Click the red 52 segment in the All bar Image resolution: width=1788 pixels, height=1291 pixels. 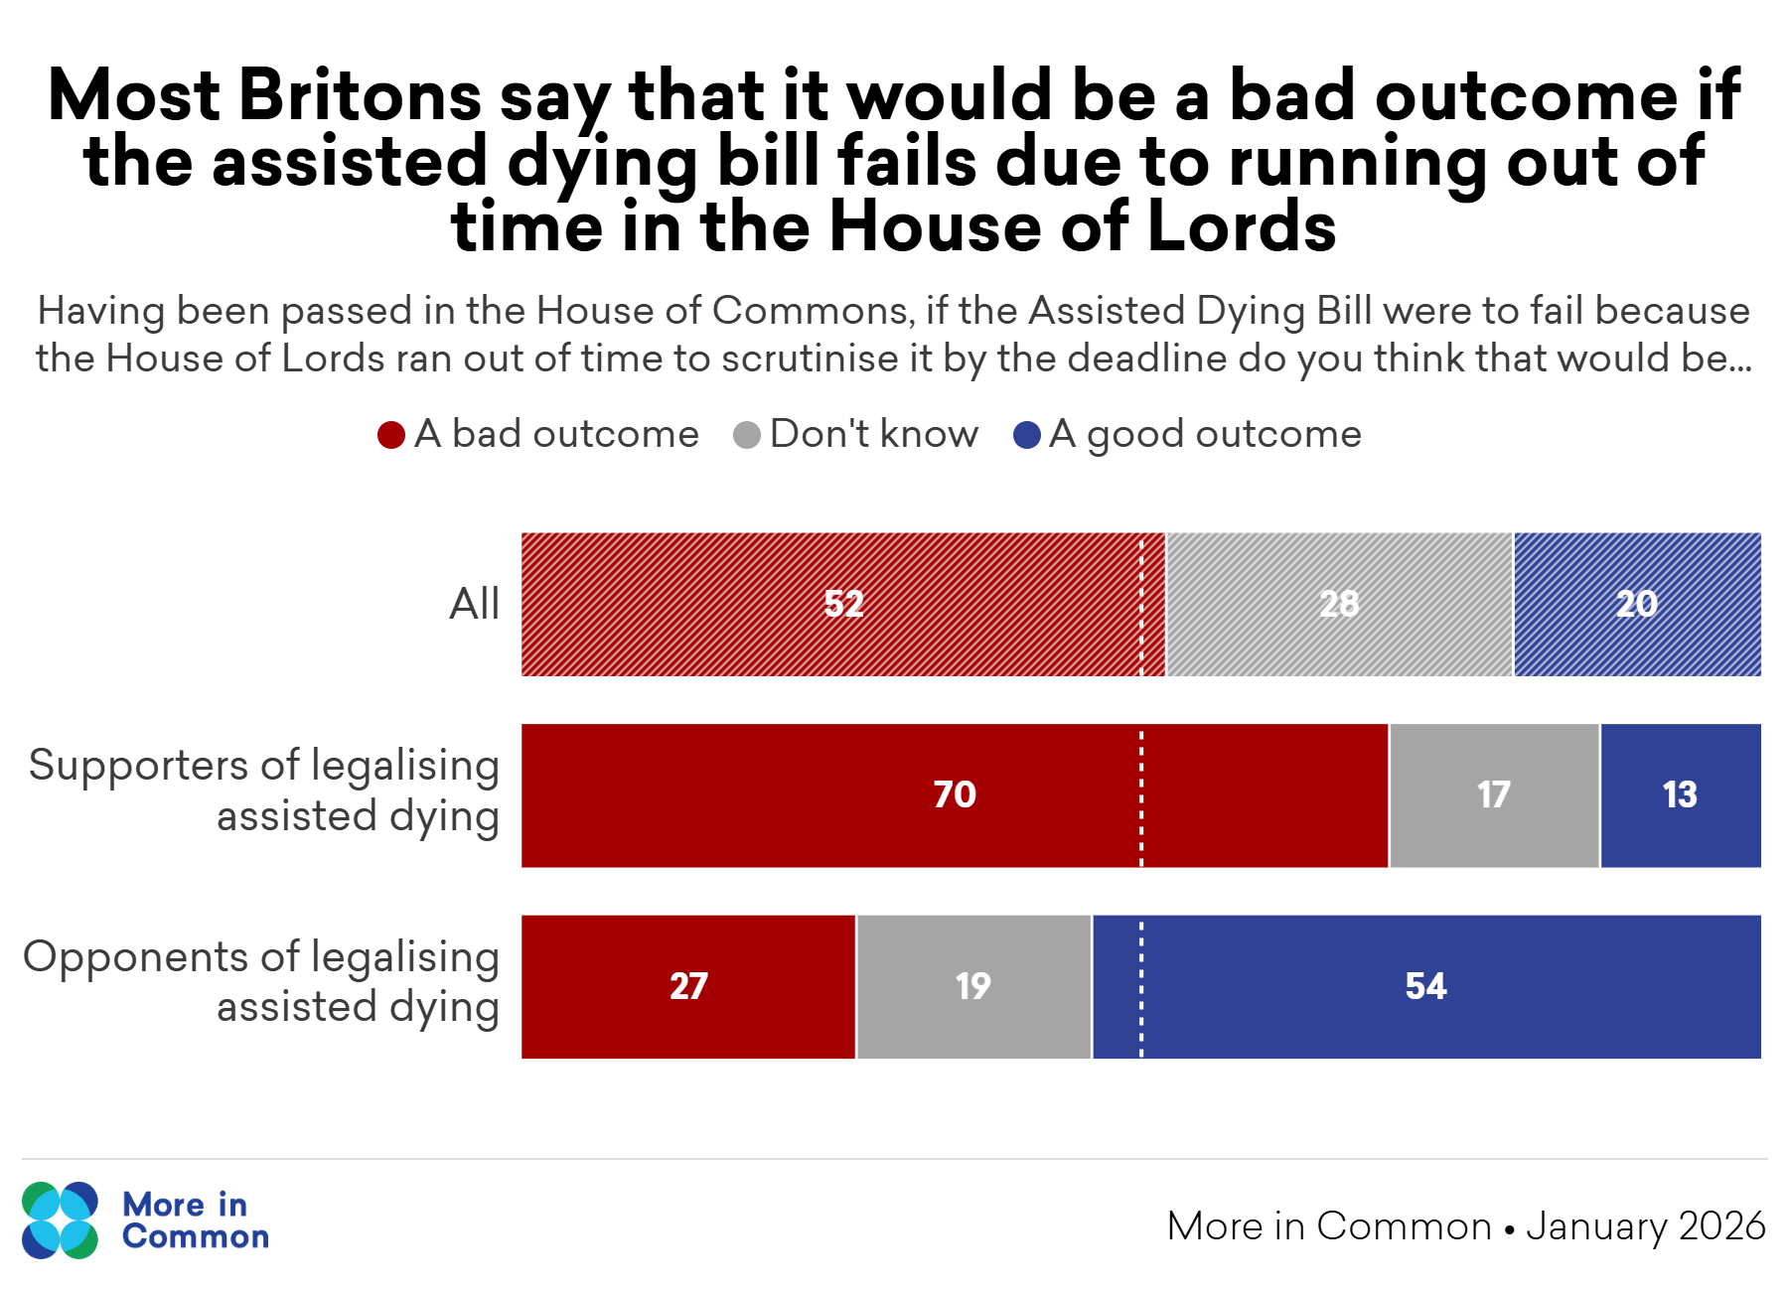coord(842,604)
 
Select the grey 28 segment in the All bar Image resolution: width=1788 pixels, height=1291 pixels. coord(1339,604)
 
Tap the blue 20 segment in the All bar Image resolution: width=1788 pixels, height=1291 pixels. coord(1637,604)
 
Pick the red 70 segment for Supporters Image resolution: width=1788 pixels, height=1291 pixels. coord(954,794)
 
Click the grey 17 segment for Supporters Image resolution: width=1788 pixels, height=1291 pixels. coord(1494,794)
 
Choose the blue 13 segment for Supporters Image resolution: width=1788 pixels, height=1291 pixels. coord(1680,794)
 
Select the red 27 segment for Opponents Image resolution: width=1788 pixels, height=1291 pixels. coord(688,986)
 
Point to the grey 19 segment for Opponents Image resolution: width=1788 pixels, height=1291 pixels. coord(973,986)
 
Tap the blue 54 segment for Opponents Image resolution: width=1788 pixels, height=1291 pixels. coord(1426,986)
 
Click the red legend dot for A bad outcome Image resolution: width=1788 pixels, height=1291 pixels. coord(391,435)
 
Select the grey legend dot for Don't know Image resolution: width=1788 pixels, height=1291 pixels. coord(747,435)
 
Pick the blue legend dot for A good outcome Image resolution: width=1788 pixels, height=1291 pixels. coord(1026,435)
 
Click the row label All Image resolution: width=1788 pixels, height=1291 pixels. coord(474,604)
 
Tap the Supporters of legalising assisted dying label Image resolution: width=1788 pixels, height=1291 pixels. coord(263,790)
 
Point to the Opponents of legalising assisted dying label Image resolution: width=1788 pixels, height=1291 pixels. coord(261,981)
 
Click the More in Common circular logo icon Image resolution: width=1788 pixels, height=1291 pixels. coord(61,1220)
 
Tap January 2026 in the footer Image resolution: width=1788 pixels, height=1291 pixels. coord(1646,1226)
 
